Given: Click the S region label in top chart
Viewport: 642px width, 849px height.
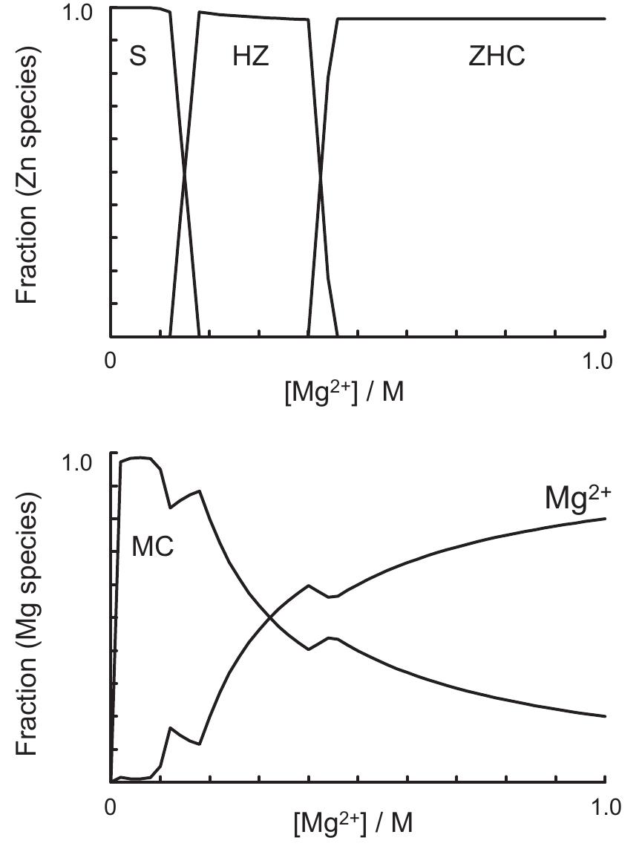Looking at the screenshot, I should click(138, 57).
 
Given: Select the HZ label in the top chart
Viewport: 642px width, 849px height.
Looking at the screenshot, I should click(250, 57).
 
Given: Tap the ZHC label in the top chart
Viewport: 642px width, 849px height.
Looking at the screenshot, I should click(497, 57).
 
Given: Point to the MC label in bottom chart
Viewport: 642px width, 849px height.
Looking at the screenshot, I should click(153, 547).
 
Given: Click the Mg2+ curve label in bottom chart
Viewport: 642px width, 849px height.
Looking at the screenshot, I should click(577, 497).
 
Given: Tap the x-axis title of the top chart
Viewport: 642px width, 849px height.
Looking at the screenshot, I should click(344, 391).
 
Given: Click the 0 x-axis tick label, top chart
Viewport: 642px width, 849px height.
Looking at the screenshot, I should click(111, 361).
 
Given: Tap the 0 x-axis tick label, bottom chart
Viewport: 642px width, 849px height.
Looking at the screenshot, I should click(111, 805).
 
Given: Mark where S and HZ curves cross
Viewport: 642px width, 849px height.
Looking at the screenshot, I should click(184, 174).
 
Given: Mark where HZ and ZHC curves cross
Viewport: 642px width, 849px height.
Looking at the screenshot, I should click(321, 175).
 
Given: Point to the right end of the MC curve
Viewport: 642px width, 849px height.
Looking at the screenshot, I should click(606, 716).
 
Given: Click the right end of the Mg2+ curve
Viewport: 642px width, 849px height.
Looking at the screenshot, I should click(606, 518).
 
